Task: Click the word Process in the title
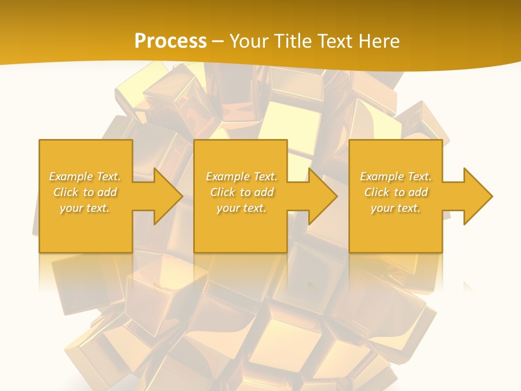[170, 41]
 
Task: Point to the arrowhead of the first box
[168, 196]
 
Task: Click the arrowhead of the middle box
[323, 196]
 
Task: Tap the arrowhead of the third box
[478, 196]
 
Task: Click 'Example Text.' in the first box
[85, 176]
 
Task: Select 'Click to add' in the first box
[85, 192]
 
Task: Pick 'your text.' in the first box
[85, 208]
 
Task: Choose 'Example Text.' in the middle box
[242, 176]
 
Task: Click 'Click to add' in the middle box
[242, 192]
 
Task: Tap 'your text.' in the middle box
[242, 208]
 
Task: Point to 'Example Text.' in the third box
[396, 176]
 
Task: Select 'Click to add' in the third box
[396, 192]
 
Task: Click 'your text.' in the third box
[396, 208]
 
